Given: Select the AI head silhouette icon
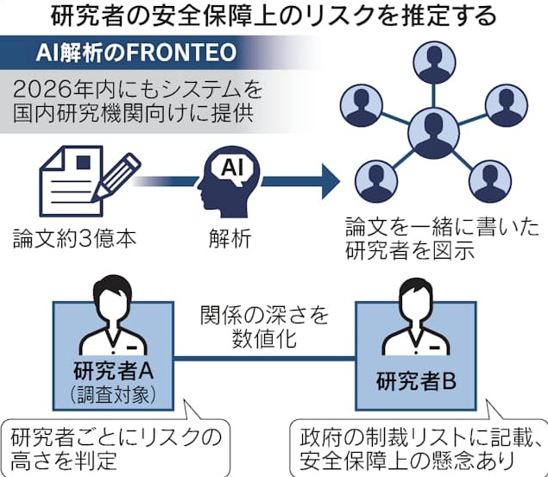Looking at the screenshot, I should tap(228, 180).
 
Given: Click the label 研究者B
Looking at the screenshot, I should tap(419, 380).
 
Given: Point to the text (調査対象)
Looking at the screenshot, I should tap(113, 394).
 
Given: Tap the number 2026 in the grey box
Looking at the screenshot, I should tap(43, 89).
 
